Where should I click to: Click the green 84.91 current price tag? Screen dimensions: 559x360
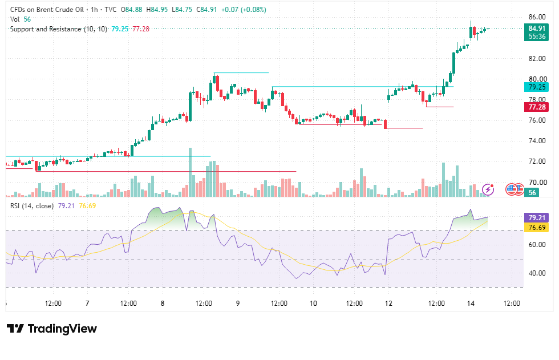pyautogui.click(x=536, y=32)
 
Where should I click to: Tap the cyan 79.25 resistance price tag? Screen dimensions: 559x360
pyautogui.click(x=536, y=87)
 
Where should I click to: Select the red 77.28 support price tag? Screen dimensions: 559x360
pyautogui.click(x=536, y=107)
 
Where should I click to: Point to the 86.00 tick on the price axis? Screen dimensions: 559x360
pyautogui.click(x=537, y=17)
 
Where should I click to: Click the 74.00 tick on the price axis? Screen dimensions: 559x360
pyautogui.click(x=537, y=140)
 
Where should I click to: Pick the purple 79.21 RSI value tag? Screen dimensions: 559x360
pyautogui.click(x=536, y=217)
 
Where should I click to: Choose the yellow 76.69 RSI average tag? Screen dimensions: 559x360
pyautogui.click(x=536, y=228)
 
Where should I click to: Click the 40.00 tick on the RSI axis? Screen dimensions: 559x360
pyautogui.click(x=537, y=273)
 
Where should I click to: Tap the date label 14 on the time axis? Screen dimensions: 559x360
pyautogui.click(x=471, y=304)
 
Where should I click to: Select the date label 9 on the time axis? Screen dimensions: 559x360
pyautogui.click(x=238, y=304)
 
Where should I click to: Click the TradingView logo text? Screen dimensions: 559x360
pyautogui.click(x=62, y=329)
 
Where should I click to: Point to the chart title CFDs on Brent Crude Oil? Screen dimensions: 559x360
pyautogui.click(x=47, y=10)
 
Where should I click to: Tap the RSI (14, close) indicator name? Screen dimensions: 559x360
pyautogui.click(x=32, y=205)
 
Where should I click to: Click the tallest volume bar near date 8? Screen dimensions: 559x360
pyautogui.click(x=190, y=172)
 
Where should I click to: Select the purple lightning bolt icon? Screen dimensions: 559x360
pyautogui.click(x=488, y=189)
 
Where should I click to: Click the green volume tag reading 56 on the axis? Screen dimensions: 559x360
pyautogui.click(x=532, y=192)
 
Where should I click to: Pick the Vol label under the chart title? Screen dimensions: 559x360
pyautogui.click(x=15, y=19)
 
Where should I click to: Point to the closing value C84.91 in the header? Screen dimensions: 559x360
pyautogui.click(x=206, y=10)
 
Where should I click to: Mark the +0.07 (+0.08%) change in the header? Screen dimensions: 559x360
pyautogui.click(x=244, y=10)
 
